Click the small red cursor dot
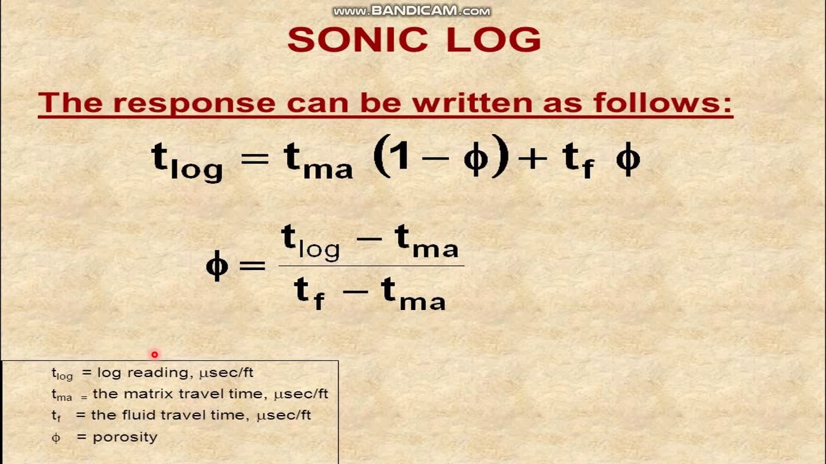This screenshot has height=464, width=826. [154, 354]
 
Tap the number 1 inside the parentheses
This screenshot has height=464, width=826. [401, 157]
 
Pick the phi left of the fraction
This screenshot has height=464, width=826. [217, 266]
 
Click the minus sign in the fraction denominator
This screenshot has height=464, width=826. [354, 291]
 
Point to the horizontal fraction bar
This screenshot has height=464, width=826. [371, 266]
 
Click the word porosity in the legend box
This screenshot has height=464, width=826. [125, 437]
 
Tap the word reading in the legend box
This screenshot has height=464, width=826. [150, 372]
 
